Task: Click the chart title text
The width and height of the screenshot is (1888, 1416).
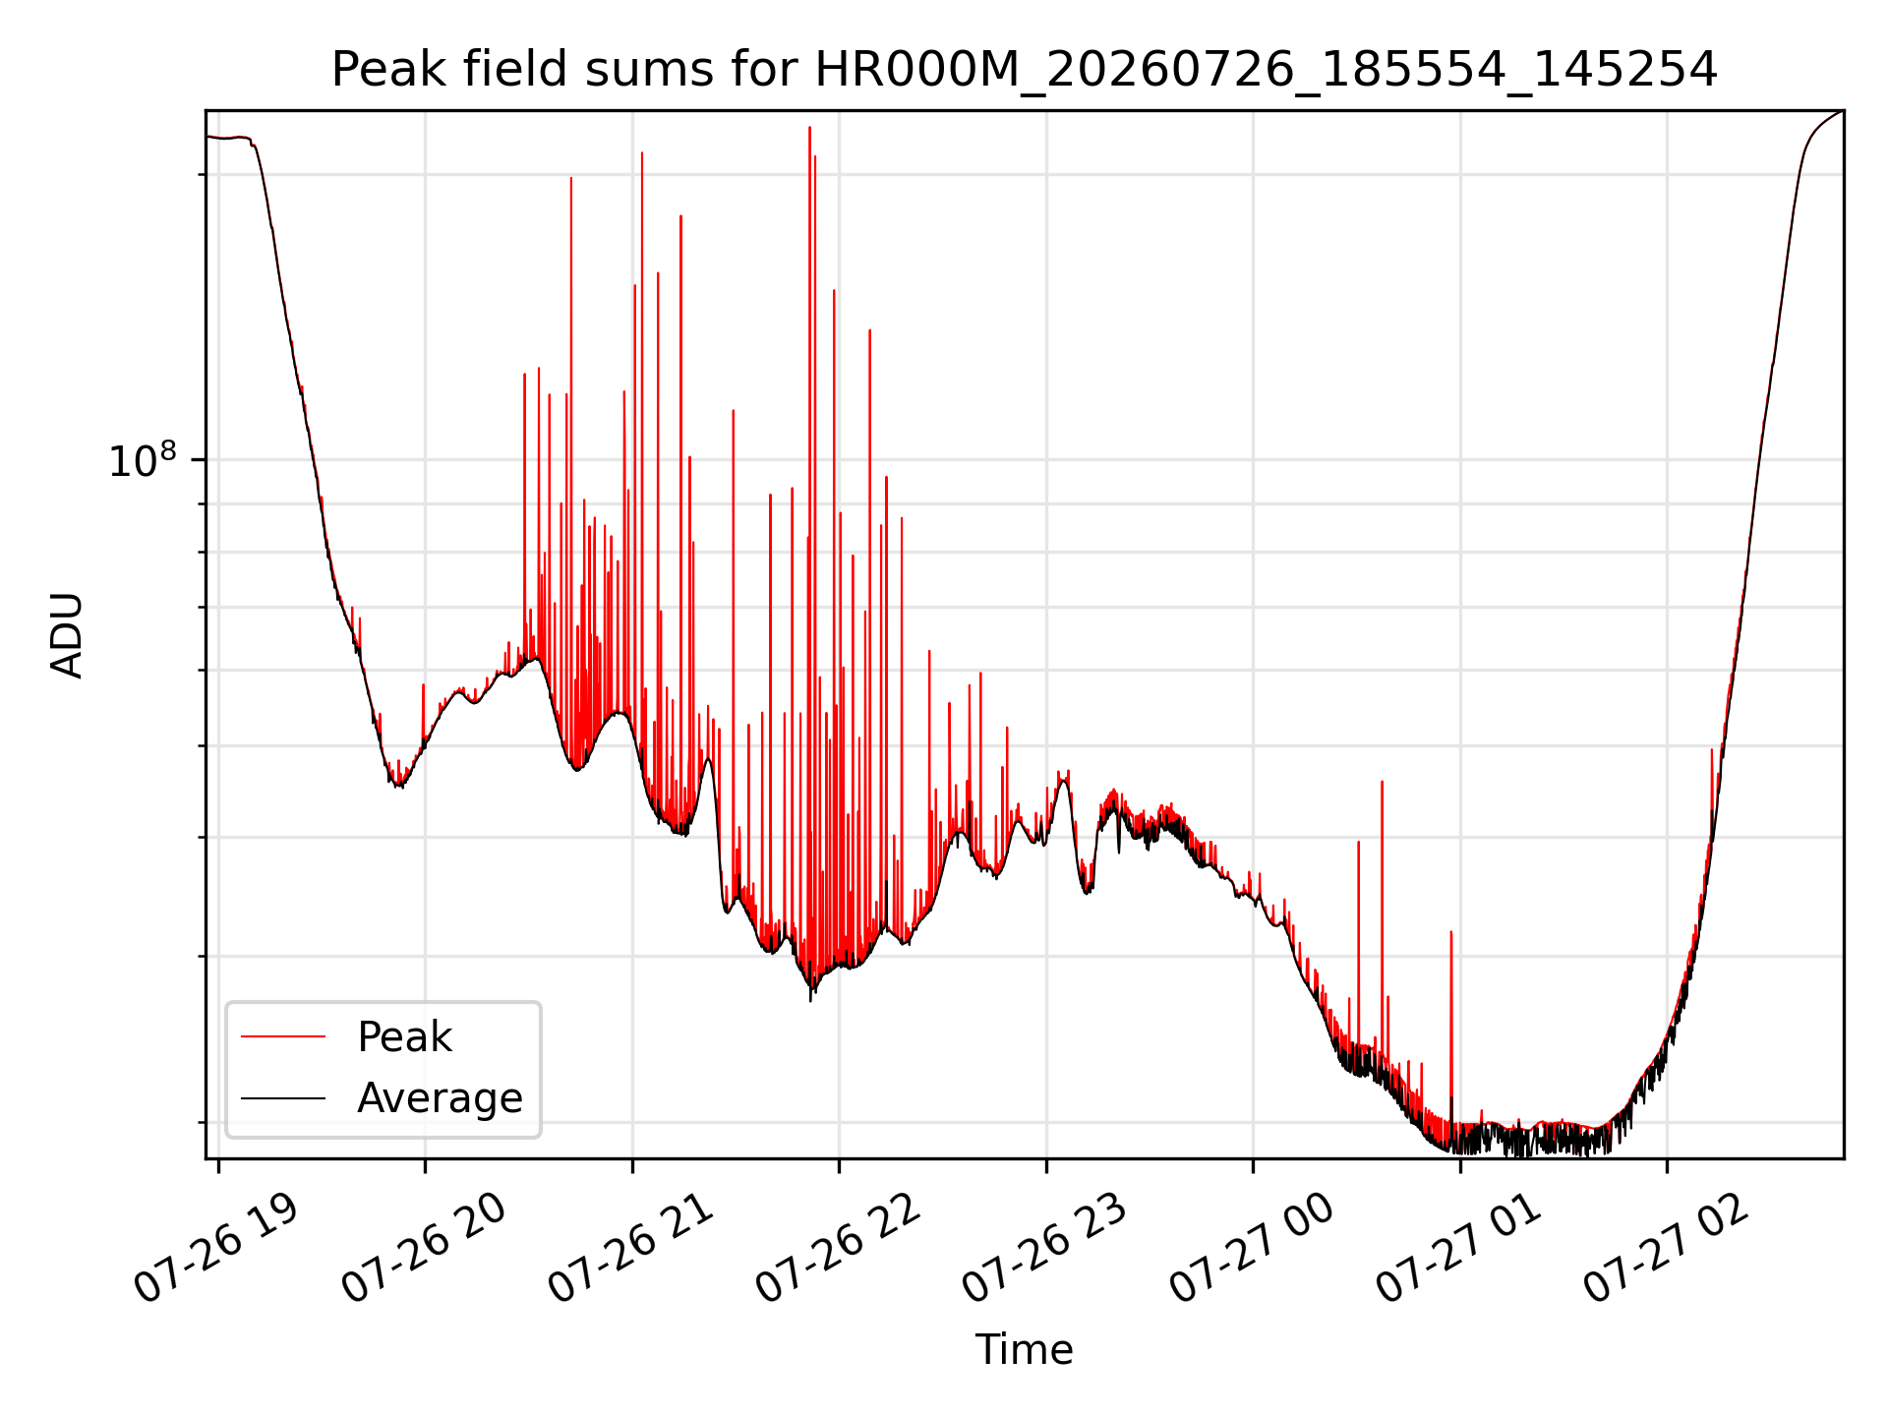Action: coord(1024,70)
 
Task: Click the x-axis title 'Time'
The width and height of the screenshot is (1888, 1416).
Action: coord(1024,1349)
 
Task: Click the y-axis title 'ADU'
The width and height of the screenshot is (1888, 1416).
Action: coord(67,635)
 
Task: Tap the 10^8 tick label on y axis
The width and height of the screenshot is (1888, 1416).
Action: coord(143,460)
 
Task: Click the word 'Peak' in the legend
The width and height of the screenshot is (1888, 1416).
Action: coord(404,1037)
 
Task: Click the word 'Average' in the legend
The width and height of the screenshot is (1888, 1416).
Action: coord(440,1098)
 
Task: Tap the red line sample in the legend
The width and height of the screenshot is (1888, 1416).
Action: coord(283,1036)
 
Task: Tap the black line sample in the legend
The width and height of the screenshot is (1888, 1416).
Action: coord(283,1097)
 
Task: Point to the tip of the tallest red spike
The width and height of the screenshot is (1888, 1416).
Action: coord(810,127)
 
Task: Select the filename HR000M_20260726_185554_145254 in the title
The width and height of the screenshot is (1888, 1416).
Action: coord(1267,71)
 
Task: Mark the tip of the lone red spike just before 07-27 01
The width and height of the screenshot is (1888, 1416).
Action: coord(1451,931)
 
